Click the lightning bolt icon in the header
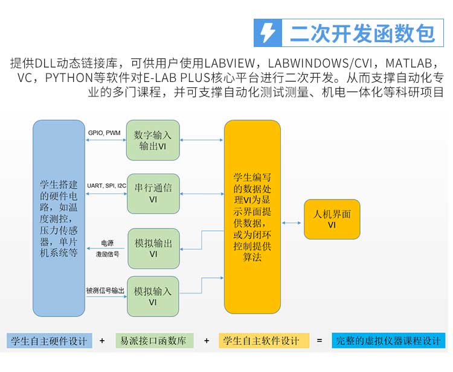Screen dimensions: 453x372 (x=268, y=33)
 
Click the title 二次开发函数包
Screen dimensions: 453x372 (x=362, y=33)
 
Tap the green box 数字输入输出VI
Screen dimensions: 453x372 (x=153, y=140)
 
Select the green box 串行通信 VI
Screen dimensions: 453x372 (x=153, y=194)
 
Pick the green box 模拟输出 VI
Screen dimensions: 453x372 (x=153, y=248)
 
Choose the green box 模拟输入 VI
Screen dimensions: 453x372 (x=153, y=297)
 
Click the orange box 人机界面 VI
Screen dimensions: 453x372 (x=332, y=219)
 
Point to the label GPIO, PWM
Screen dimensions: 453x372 (x=104, y=133)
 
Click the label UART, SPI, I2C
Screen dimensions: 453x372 (x=106, y=186)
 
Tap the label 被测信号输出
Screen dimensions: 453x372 (x=106, y=291)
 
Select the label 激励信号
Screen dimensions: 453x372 (x=108, y=254)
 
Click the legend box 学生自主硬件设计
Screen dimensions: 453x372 (x=50, y=341)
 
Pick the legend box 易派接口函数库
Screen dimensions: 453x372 (x=154, y=341)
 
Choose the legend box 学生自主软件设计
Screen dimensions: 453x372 (x=264, y=341)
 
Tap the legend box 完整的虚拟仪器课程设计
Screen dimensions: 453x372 (x=388, y=341)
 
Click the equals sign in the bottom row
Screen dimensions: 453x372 (x=320, y=341)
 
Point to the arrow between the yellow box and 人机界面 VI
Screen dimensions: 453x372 (x=292, y=222)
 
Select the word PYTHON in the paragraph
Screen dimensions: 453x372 (x=69, y=78)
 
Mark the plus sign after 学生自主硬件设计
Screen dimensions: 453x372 (x=102, y=341)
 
